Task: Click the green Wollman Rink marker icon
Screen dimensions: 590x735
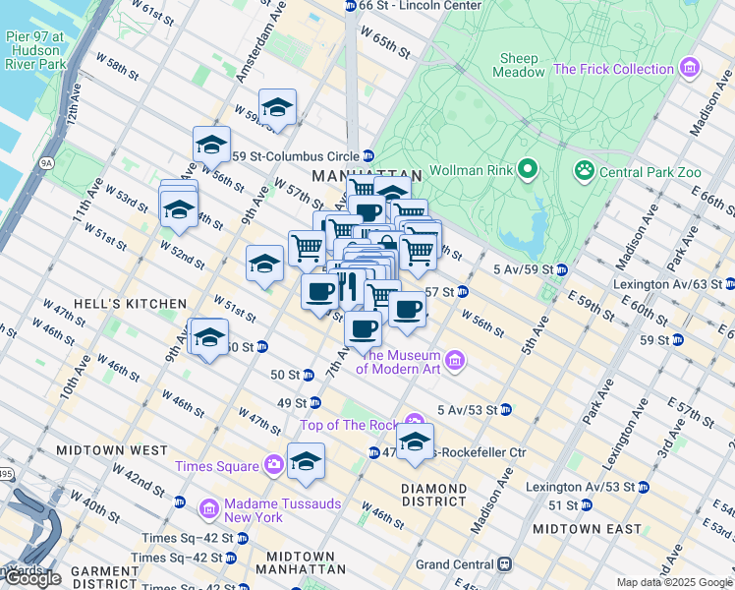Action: tap(528, 171)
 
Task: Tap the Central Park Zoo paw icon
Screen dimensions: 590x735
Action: tap(585, 171)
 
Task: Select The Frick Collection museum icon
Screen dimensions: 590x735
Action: tap(691, 69)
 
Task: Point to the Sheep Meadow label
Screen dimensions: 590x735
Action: tap(521, 65)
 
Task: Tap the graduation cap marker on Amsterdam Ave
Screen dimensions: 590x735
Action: tap(278, 107)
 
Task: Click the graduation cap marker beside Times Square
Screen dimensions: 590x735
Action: tap(306, 460)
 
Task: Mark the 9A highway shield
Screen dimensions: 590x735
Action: tap(46, 163)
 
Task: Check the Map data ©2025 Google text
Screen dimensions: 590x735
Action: tap(673, 582)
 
